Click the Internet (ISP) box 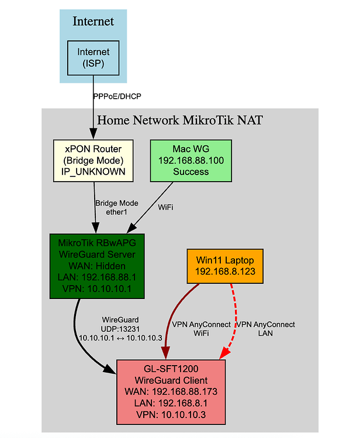94,58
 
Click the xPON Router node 94,160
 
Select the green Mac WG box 191,160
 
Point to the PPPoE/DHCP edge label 117,96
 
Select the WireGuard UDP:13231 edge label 119,329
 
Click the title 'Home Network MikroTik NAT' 180,121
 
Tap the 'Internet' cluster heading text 93,22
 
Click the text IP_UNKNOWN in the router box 94,172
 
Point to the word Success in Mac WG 191,172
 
